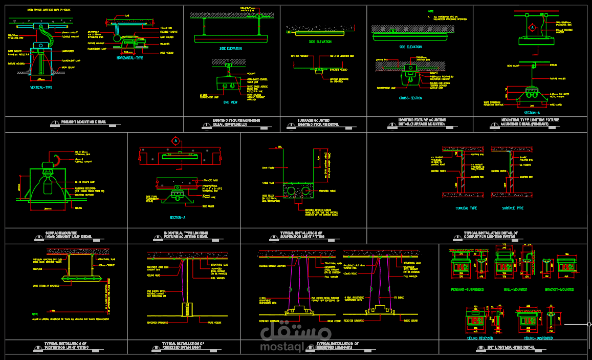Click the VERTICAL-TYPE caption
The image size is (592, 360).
pyautogui.click(x=41, y=88)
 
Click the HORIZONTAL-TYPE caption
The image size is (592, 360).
pyautogui.click(x=130, y=58)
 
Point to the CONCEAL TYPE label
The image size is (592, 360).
pyautogui.click(x=466, y=208)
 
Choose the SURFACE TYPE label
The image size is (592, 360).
pyautogui.click(x=513, y=208)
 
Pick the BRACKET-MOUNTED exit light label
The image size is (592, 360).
pyautogui.click(x=559, y=289)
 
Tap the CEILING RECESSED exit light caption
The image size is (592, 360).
pyautogui.click(x=480, y=338)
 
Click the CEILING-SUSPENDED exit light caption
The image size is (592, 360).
pyautogui.click(x=538, y=338)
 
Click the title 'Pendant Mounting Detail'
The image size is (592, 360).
pyautogui.click(x=83, y=122)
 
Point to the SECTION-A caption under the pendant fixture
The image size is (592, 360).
pyautogui.click(x=533, y=113)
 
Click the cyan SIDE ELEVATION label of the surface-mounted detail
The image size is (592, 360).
pyautogui.click(x=320, y=41)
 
